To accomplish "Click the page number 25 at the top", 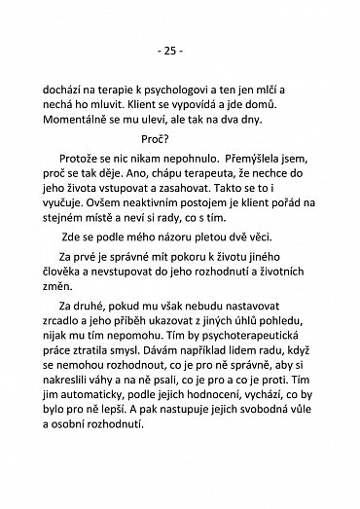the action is point(180,49).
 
